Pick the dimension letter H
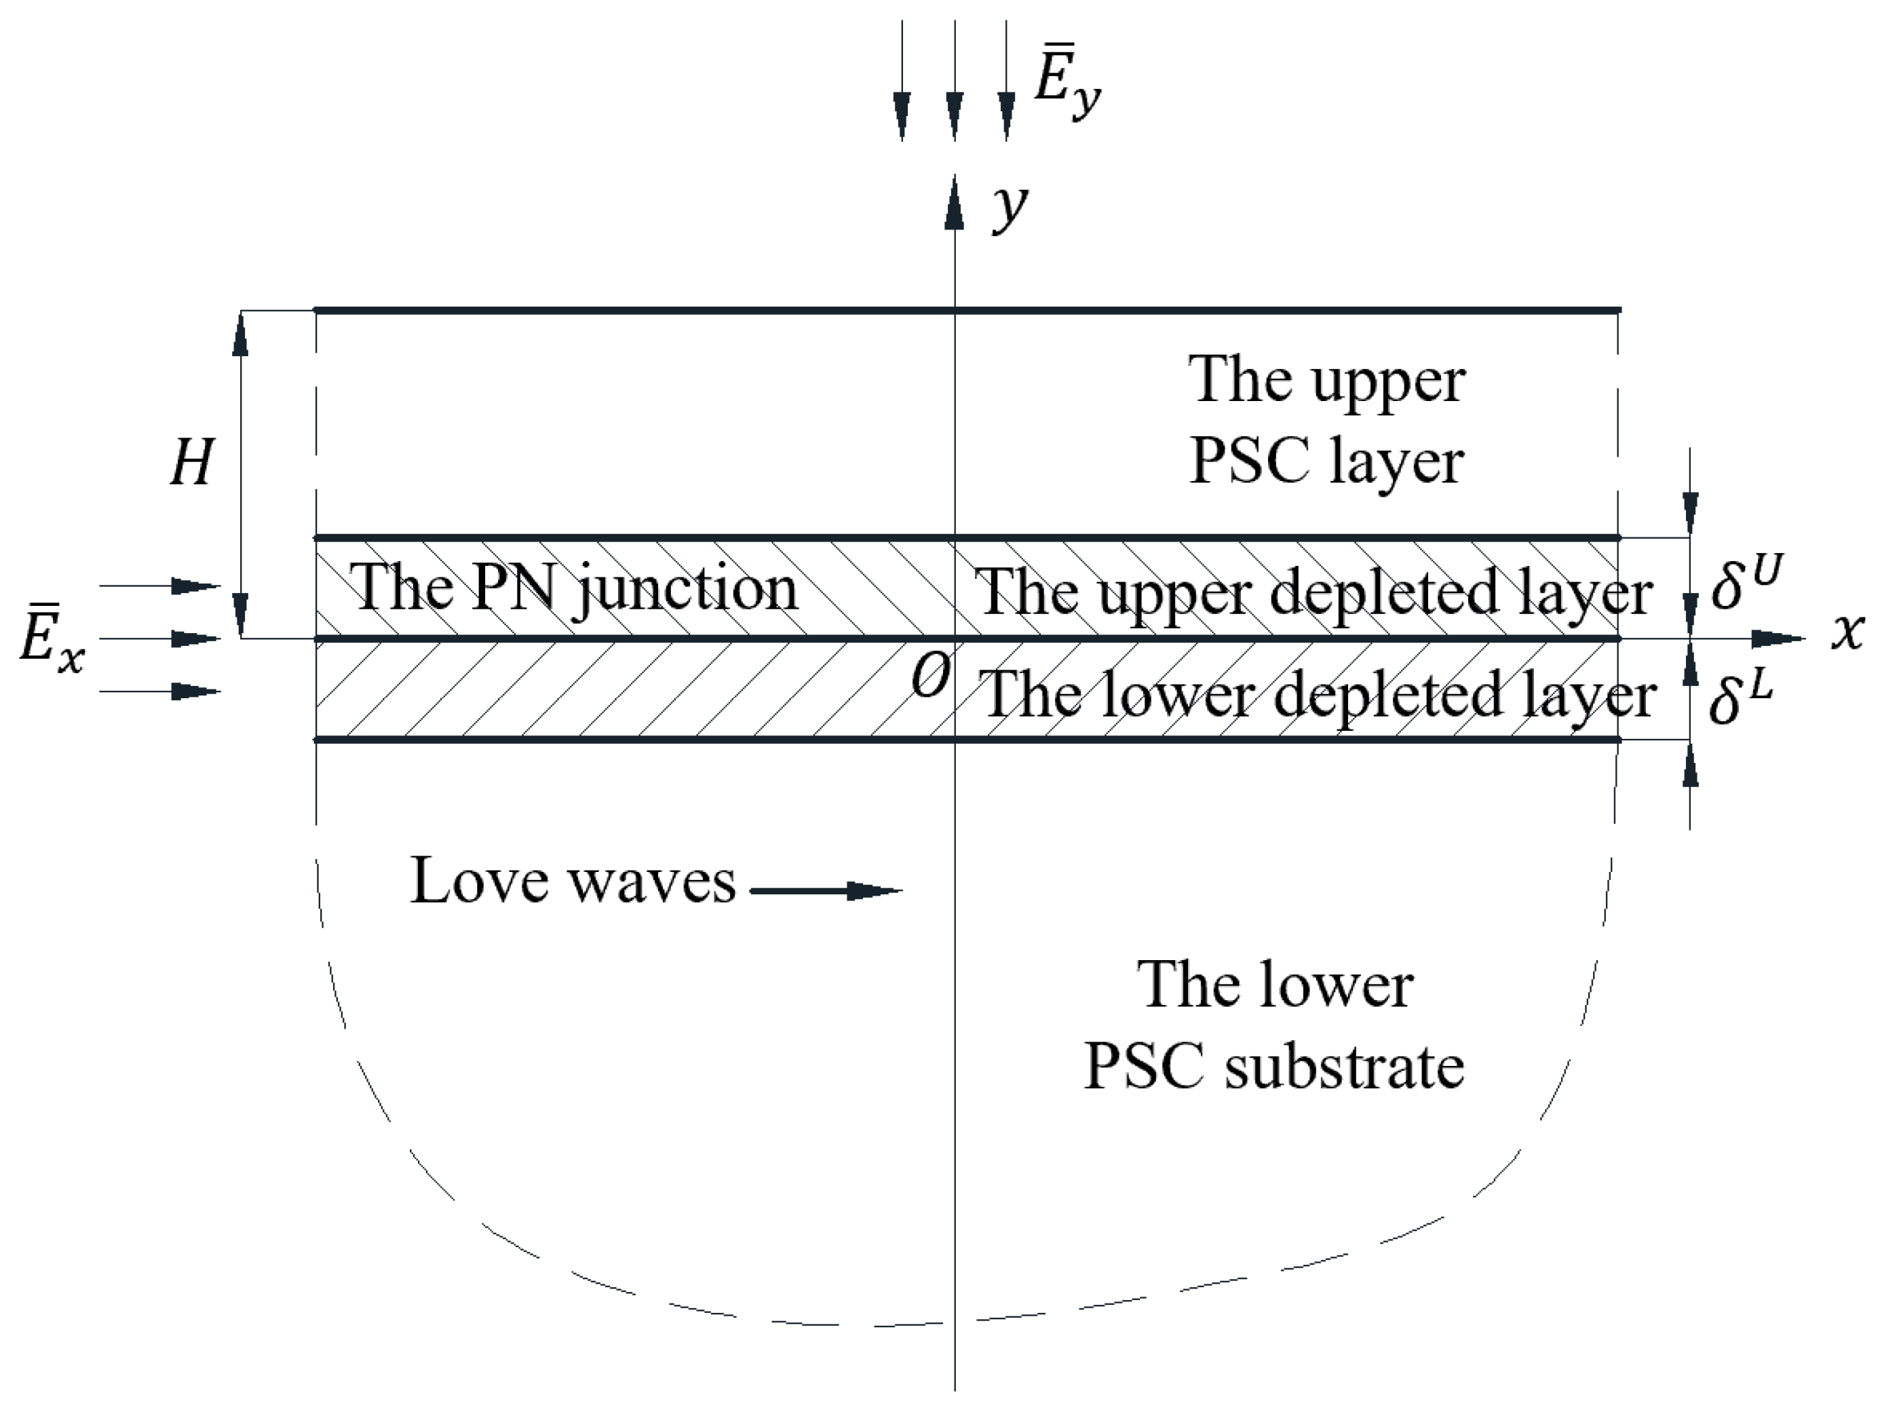pyautogui.click(x=191, y=464)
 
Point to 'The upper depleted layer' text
pyautogui.click(x=1312, y=592)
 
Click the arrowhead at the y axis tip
pyautogui.click(x=955, y=204)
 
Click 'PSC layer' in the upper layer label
pyautogui.click(x=1326, y=462)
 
